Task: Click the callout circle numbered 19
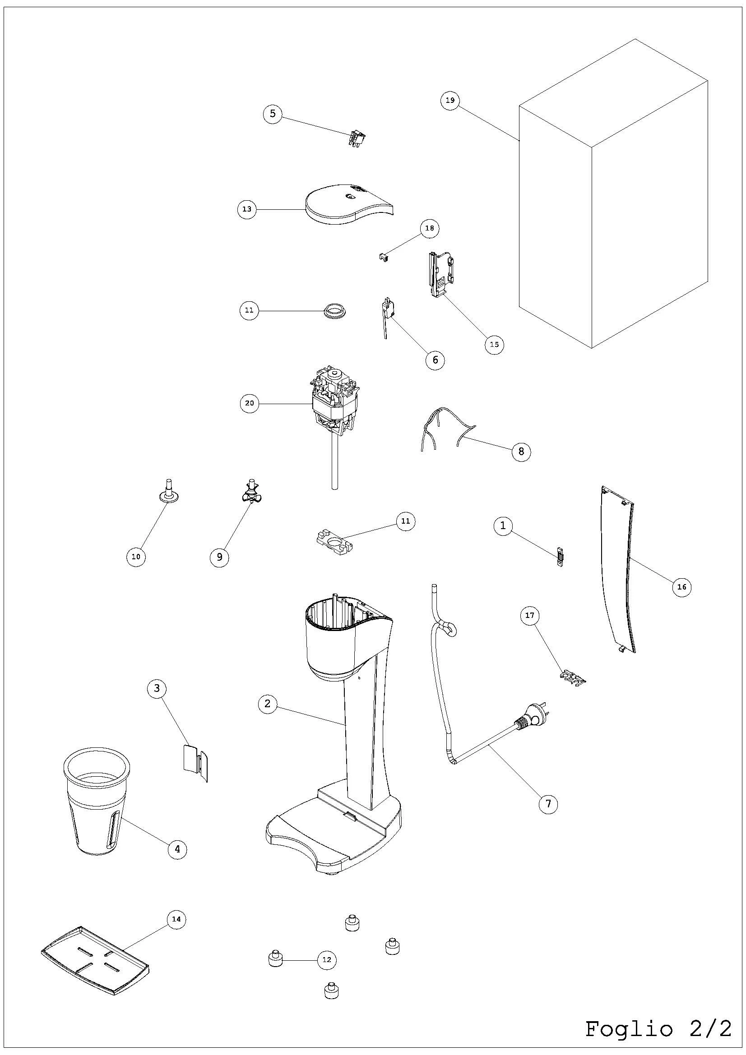click(x=450, y=100)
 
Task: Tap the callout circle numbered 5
click(x=273, y=114)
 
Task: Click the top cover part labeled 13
click(x=347, y=204)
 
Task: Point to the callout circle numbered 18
click(x=429, y=228)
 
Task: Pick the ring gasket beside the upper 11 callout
click(x=336, y=310)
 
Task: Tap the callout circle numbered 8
click(x=521, y=451)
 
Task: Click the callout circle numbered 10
click(x=136, y=557)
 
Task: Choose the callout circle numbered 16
click(x=681, y=587)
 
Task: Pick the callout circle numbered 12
click(x=327, y=960)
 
